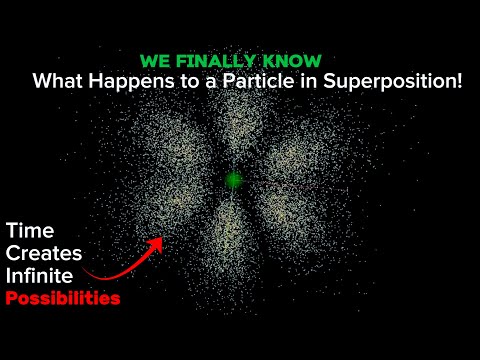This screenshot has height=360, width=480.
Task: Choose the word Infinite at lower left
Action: [x=41, y=276]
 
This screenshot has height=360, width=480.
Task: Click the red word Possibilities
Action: [x=62, y=298]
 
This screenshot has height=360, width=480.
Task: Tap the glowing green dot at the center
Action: [x=234, y=180]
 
